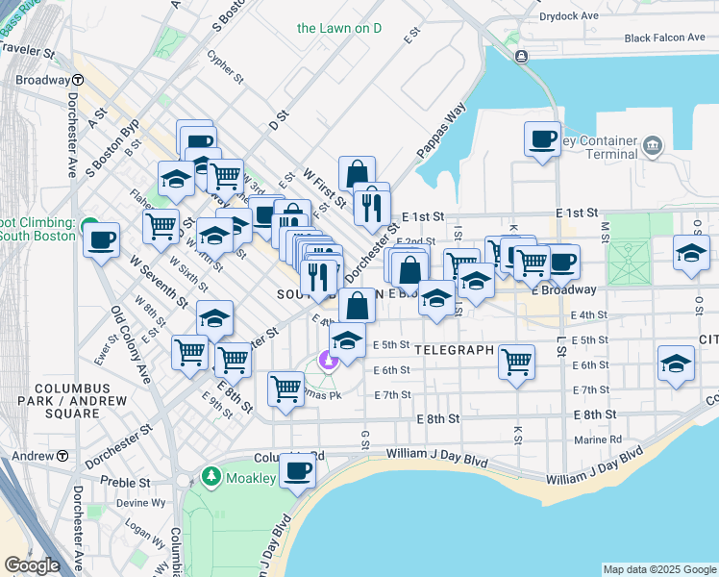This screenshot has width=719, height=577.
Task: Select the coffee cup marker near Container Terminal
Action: pos(542,138)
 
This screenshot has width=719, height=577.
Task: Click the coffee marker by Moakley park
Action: pos(299,471)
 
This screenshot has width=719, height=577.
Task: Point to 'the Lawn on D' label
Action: pos(339,28)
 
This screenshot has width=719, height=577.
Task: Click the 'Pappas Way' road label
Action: pos(441,128)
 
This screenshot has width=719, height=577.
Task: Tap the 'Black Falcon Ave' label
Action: pos(664,38)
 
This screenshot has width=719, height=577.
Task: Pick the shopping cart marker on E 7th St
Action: pos(285,389)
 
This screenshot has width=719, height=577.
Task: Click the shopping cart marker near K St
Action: pos(517,362)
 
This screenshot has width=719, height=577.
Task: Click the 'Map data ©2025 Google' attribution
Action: pos(659,569)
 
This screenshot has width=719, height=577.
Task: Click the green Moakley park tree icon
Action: pos(212,476)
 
